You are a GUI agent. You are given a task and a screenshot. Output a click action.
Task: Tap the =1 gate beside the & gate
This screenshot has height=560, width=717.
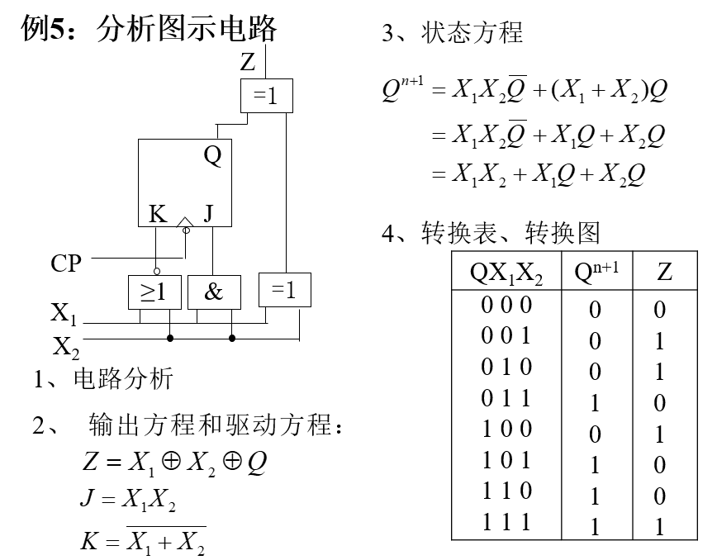click(x=284, y=288)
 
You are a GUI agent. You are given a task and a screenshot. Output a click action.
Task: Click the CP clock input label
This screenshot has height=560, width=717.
click(x=67, y=263)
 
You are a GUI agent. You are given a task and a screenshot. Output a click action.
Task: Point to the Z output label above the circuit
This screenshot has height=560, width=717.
click(x=248, y=61)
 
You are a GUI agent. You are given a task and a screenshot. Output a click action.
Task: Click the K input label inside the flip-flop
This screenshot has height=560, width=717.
click(x=158, y=215)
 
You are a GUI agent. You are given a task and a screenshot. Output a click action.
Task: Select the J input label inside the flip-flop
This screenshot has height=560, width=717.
click(x=208, y=215)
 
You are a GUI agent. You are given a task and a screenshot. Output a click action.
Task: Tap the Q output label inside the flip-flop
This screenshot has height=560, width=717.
click(x=213, y=156)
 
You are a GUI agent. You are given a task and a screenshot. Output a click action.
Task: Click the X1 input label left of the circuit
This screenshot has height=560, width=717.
click(x=64, y=314)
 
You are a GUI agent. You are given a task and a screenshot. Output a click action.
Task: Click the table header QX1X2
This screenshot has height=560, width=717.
click(x=506, y=273)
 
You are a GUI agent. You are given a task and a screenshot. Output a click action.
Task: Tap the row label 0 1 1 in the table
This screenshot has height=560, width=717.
click(x=506, y=399)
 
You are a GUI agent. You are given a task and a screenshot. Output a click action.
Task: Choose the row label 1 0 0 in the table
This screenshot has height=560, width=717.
click(x=506, y=429)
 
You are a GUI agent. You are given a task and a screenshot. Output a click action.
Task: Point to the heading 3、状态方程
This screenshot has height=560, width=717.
click(x=452, y=33)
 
